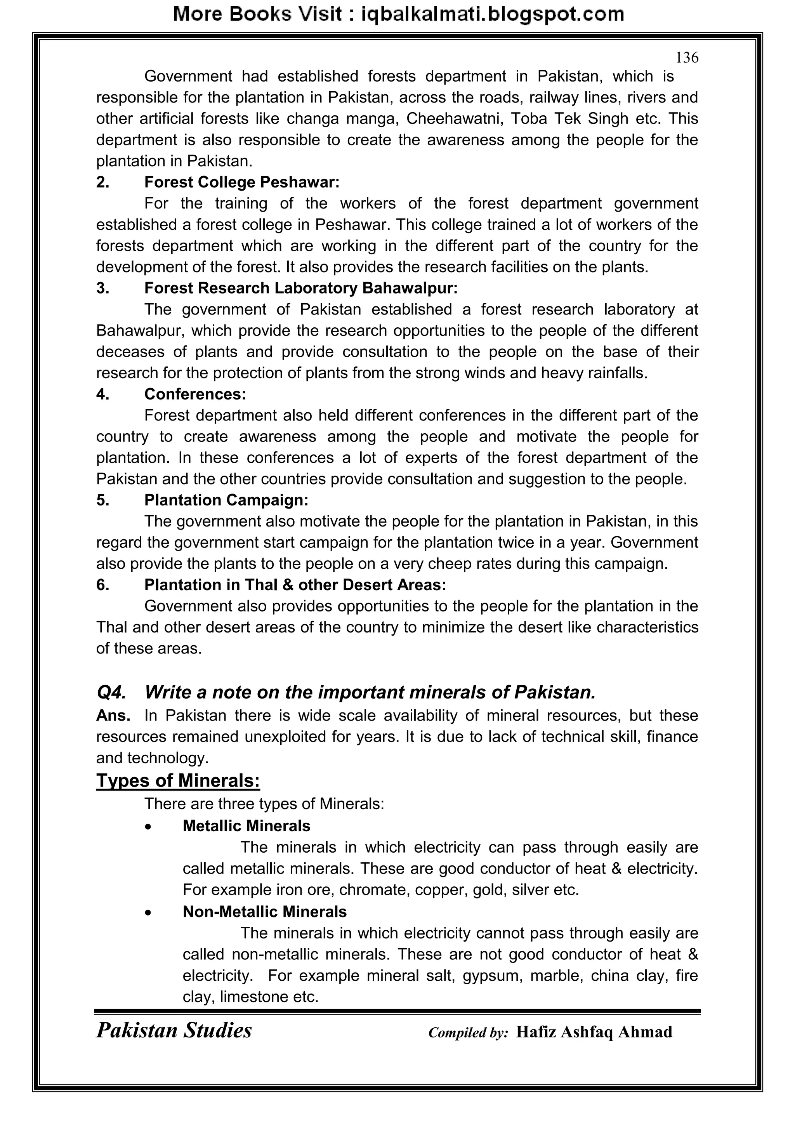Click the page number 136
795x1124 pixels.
point(686,58)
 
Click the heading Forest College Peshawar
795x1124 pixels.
point(241,182)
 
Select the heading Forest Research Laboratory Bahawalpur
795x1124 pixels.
point(300,288)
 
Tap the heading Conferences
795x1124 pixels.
point(195,394)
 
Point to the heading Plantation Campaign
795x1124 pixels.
point(226,500)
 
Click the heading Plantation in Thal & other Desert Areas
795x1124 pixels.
point(295,585)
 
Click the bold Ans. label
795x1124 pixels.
point(113,715)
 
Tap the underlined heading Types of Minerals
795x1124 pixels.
point(178,780)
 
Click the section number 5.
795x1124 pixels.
point(102,500)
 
